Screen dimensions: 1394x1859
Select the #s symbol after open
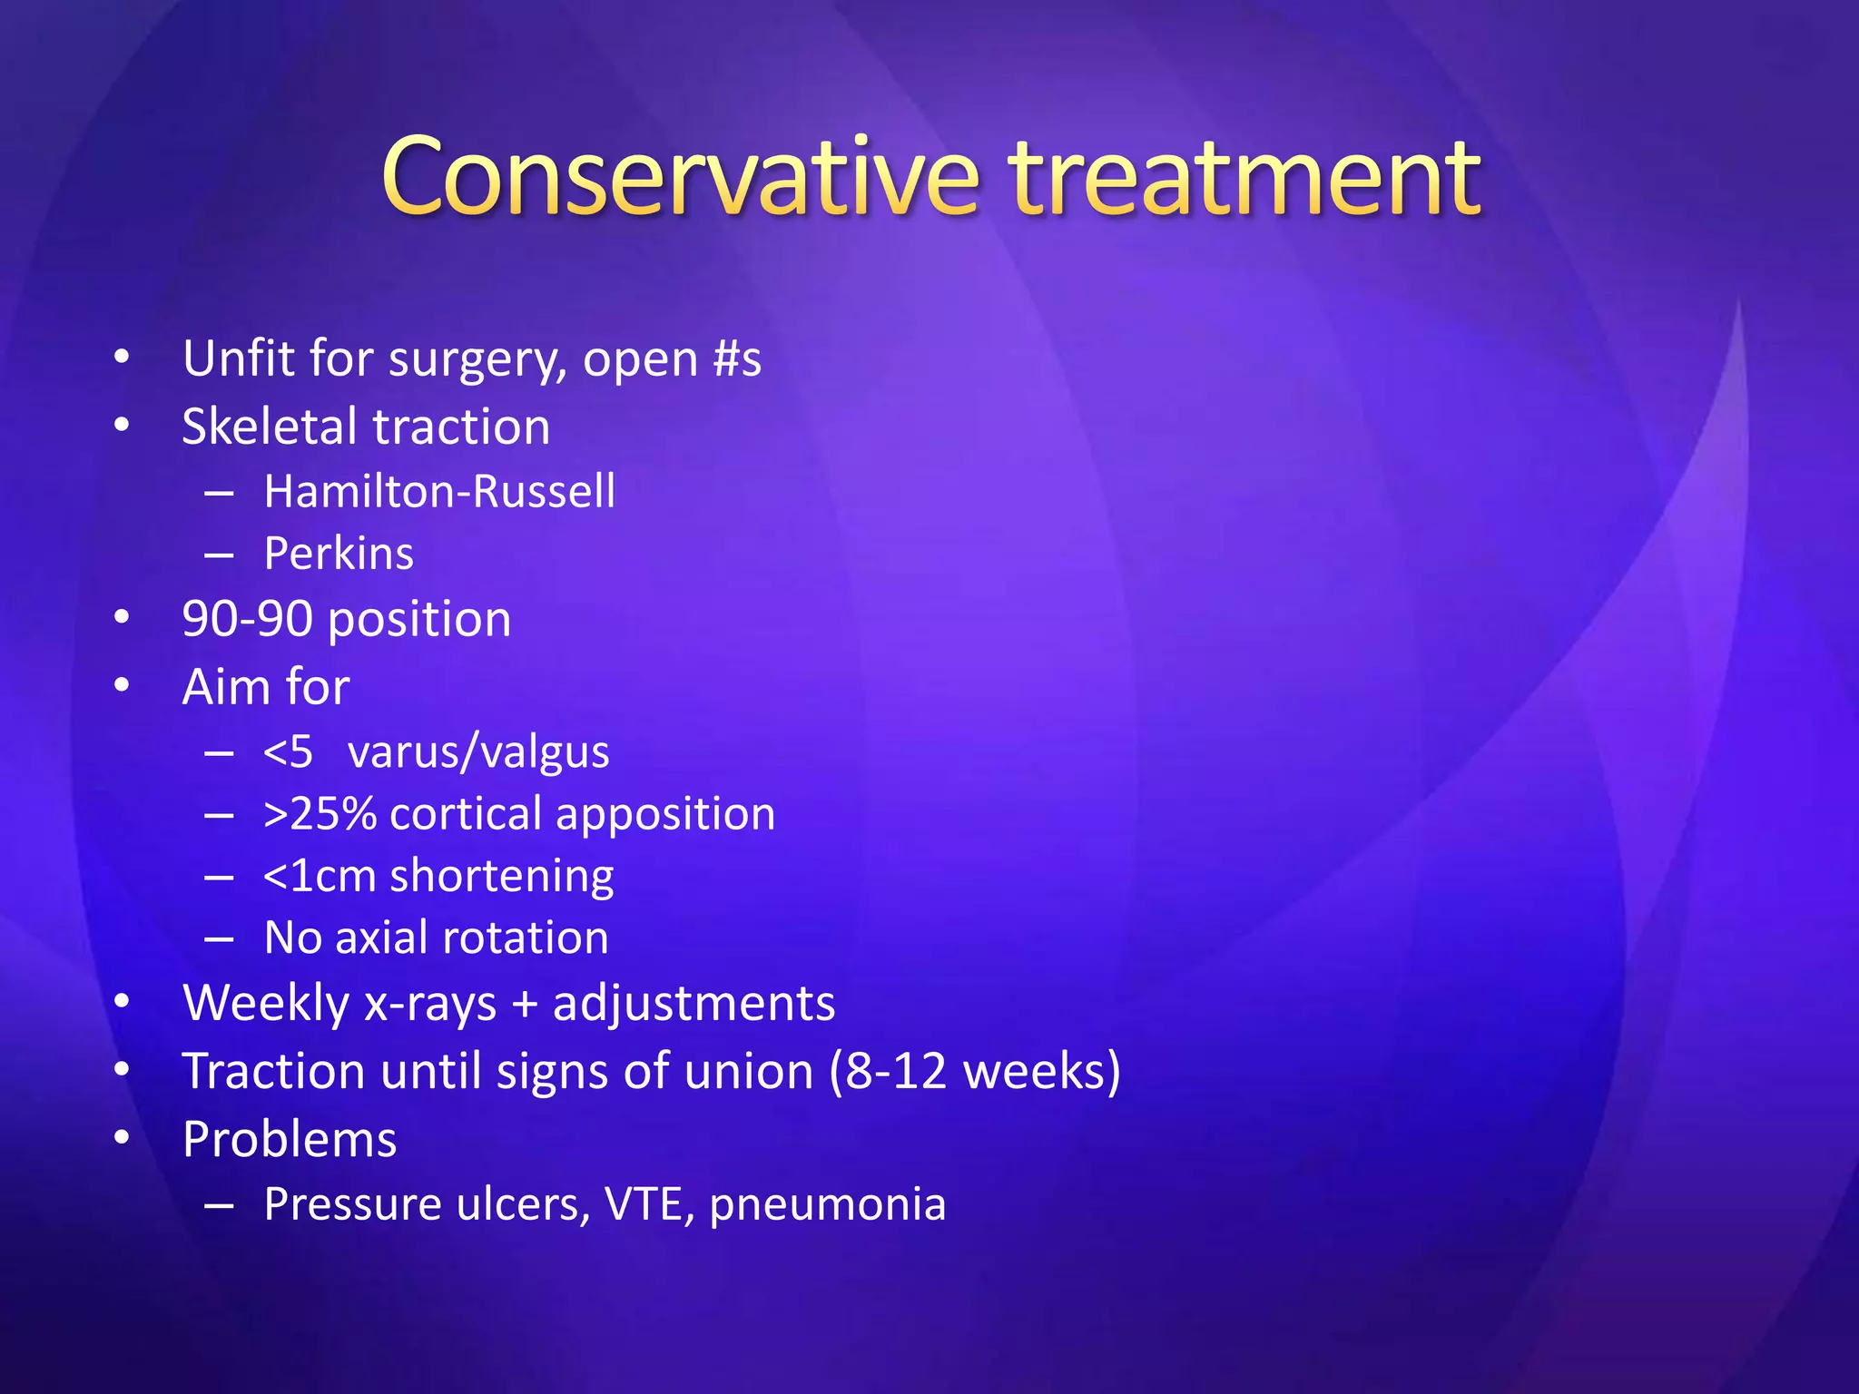737,358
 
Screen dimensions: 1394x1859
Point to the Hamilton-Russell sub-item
439,492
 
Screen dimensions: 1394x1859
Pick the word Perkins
339,554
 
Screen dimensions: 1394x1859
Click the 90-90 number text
247,620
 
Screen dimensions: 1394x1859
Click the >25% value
320,814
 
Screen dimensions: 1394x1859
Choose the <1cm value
320,877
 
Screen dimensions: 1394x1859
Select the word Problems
290,1140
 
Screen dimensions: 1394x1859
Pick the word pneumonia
827,1206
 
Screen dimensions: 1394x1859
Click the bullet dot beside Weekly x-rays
123,1002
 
